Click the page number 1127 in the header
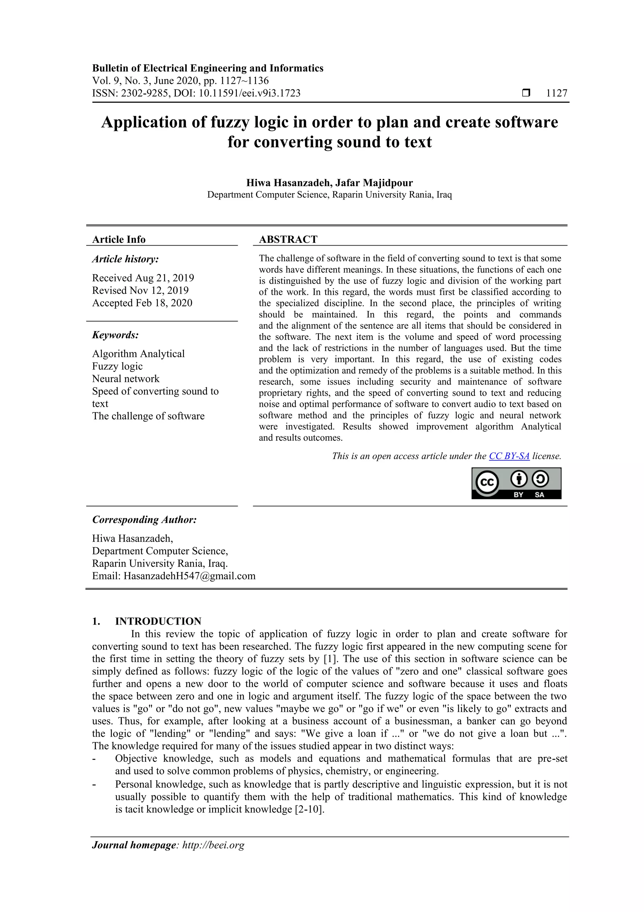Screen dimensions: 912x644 (x=556, y=93)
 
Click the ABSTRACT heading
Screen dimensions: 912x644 (x=288, y=239)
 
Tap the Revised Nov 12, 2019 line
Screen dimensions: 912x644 (x=141, y=290)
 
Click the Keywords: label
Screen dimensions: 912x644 (x=115, y=335)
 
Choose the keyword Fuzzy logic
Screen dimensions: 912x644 (x=118, y=366)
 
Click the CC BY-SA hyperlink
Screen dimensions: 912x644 (x=509, y=456)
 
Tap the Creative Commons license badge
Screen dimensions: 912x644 (x=516, y=483)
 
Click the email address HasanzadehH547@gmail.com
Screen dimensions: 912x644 (x=190, y=576)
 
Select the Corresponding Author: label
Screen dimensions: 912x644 (x=144, y=519)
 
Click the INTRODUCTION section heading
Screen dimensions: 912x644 (x=158, y=621)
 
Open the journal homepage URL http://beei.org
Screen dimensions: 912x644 (x=213, y=845)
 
